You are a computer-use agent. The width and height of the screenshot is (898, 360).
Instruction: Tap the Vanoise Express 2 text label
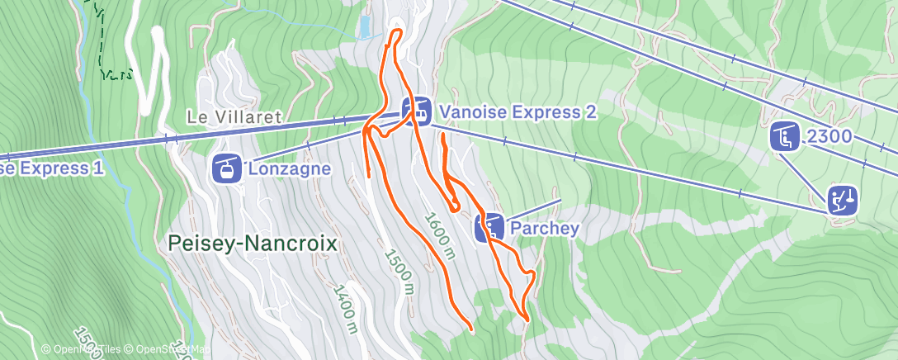tap(517, 111)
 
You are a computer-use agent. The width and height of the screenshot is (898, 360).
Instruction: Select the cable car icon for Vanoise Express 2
tap(417, 111)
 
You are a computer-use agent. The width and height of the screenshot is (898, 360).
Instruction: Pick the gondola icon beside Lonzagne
tap(227, 168)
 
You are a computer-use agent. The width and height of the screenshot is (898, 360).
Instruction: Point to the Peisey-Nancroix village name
tap(253, 244)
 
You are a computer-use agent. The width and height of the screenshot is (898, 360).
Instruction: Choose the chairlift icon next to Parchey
tap(489, 227)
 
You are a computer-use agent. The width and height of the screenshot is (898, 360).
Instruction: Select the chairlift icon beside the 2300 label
tap(785, 136)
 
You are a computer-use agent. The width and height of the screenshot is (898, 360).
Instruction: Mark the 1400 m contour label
tap(345, 309)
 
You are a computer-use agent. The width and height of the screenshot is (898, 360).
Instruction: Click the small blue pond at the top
tap(364, 27)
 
